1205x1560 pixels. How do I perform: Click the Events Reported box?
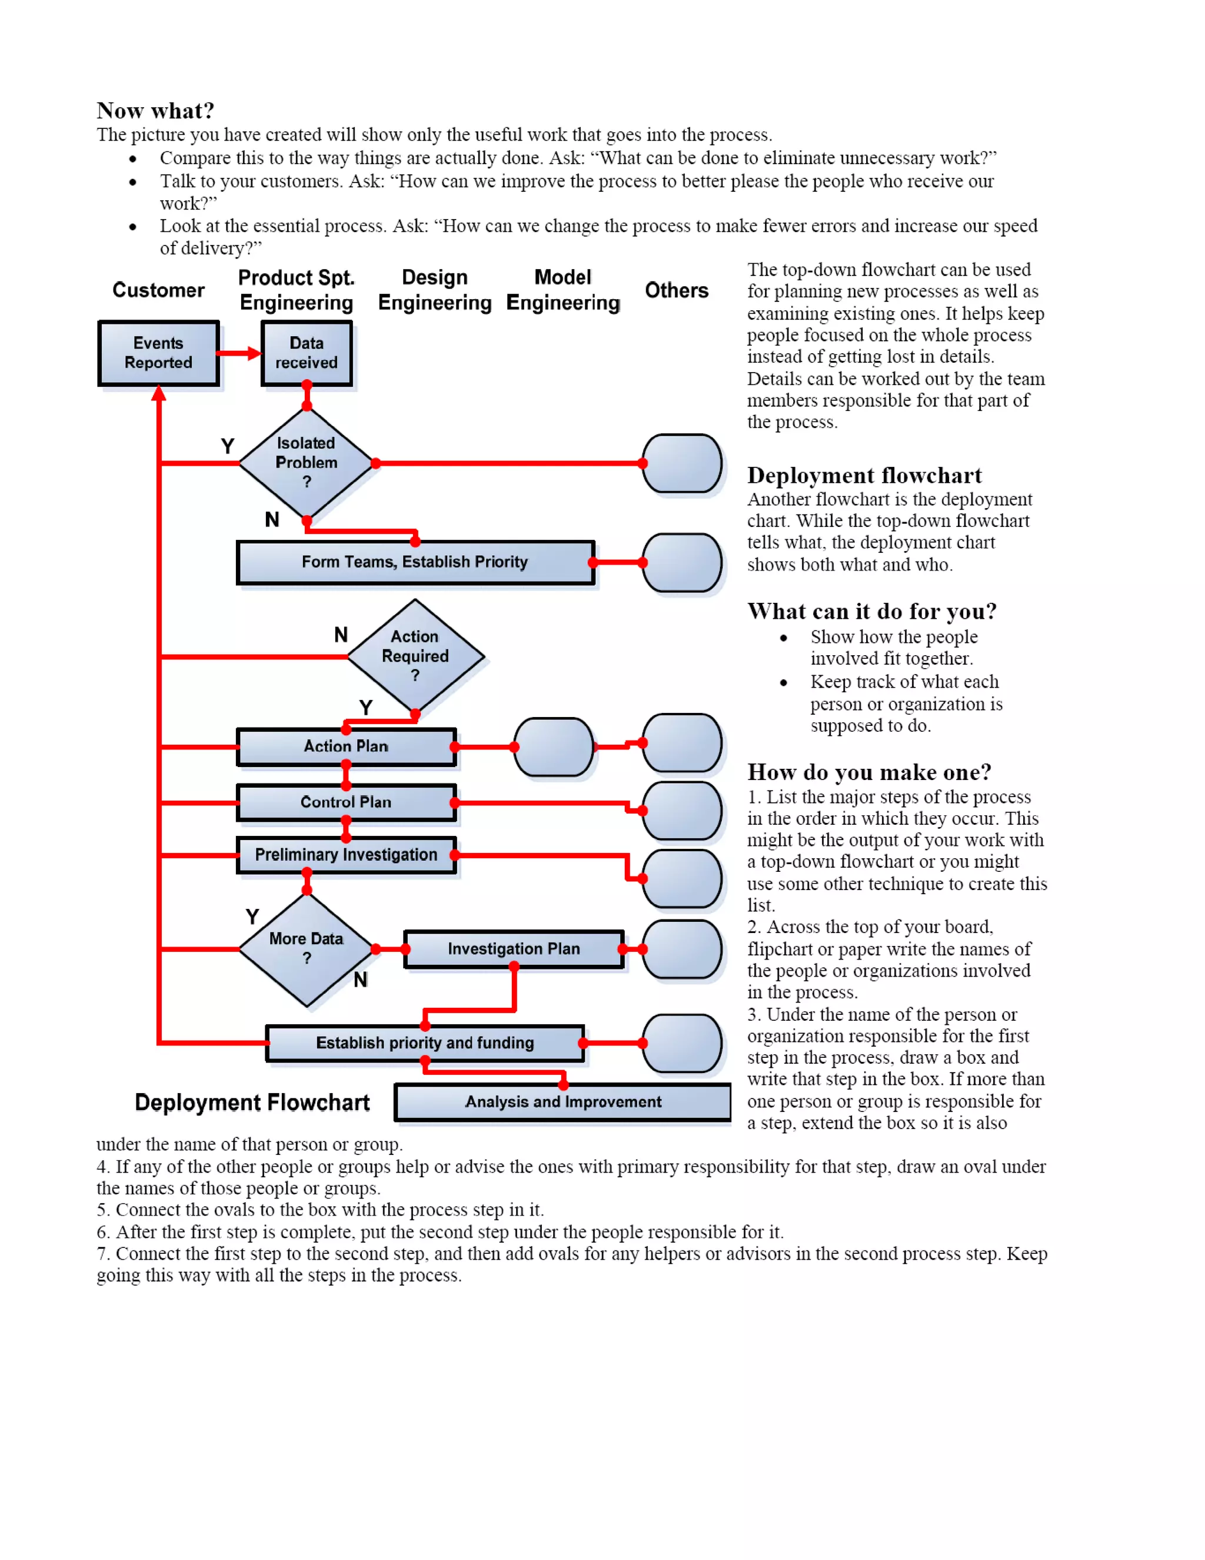[158, 353]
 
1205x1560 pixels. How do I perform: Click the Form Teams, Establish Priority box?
[415, 562]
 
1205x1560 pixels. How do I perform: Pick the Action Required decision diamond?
[415, 656]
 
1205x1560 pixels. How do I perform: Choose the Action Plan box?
[346, 746]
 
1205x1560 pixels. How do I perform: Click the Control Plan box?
[346, 802]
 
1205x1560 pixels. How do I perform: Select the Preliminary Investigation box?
[346, 854]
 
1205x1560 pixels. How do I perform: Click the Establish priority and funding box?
[425, 1043]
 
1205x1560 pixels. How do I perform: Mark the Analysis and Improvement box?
[562, 1101]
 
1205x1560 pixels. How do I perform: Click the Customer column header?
[158, 290]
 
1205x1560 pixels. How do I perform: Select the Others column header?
[676, 290]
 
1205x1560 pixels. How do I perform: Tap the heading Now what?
[155, 111]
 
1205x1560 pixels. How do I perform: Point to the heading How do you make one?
[869, 772]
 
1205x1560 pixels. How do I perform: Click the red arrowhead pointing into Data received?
[254, 353]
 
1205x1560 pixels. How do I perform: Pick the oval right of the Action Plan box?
[553, 746]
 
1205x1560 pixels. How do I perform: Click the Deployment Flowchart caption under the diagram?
[252, 1102]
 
